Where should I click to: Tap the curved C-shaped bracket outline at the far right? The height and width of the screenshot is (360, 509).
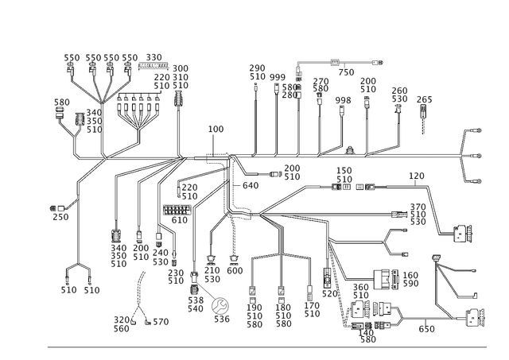coord(467,155)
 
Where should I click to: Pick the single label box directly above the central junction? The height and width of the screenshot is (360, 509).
coord(216,128)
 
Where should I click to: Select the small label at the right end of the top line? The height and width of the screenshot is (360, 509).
coord(377,61)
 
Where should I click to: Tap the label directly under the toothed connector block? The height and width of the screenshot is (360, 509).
coord(179,221)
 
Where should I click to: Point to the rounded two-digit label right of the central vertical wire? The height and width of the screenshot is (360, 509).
coord(251,185)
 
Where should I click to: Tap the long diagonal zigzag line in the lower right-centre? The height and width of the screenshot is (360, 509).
coord(342,286)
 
